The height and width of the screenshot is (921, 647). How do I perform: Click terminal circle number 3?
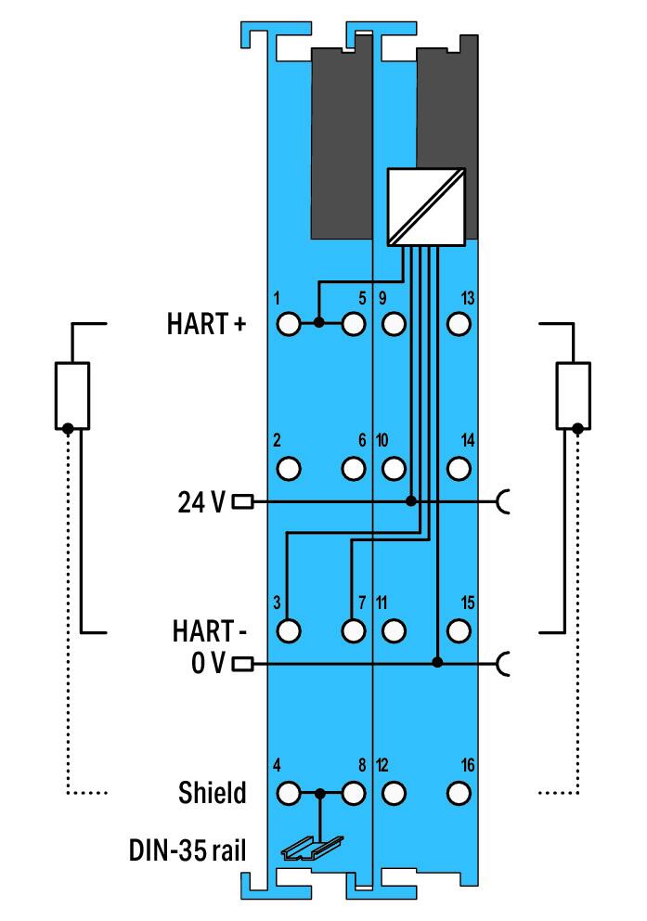coord(289,630)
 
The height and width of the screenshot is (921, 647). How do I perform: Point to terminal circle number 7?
coord(353,630)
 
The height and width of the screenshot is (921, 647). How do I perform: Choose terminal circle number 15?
coord(457,630)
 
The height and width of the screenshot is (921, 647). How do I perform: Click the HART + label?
coord(207,325)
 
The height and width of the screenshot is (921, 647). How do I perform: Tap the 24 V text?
coord(201,502)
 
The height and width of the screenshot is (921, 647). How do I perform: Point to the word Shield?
coord(213,794)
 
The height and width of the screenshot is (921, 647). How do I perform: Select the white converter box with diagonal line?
coord(425,207)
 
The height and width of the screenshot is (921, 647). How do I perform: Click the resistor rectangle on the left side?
coord(71,396)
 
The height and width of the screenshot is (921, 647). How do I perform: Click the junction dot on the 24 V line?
coord(411,501)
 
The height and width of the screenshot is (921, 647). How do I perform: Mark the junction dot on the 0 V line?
coord(437,663)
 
